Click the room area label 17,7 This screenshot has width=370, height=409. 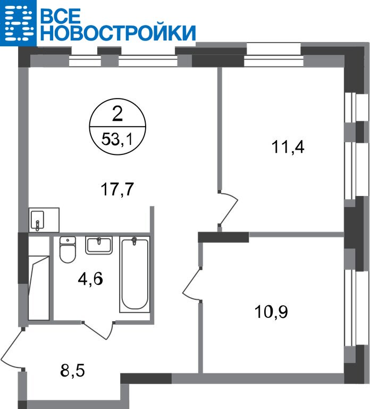point(117,190)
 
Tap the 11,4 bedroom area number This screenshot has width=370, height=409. point(288,147)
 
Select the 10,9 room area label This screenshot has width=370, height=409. point(271,312)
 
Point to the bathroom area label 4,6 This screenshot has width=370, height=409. point(90,279)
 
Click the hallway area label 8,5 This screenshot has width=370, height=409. point(72,371)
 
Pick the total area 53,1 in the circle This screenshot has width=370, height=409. point(117,140)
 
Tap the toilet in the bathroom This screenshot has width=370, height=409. point(68,249)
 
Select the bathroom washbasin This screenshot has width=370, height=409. point(99,245)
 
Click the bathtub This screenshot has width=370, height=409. point(134,274)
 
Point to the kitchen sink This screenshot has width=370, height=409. point(38,220)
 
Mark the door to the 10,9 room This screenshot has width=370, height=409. point(192,284)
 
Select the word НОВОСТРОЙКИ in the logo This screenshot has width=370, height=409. point(117,33)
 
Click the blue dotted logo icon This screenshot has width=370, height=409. point(18,23)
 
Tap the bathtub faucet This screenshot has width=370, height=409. point(134,241)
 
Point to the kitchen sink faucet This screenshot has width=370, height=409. point(38,226)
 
